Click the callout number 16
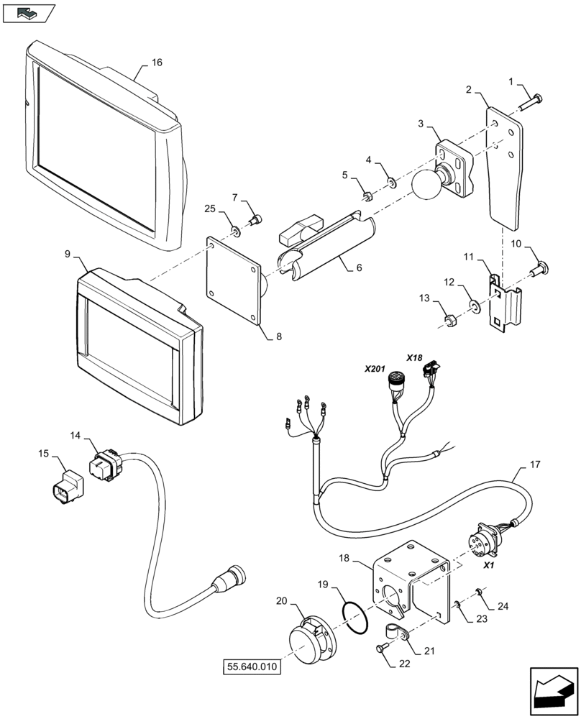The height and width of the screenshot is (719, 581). (x=156, y=63)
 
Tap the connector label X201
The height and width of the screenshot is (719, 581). (x=375, y=368)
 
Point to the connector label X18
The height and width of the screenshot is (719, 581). (x=415, y=357)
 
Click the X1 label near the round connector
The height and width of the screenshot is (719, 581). (x=490, y=566)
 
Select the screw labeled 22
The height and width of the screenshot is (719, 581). (x=382, y=649)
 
